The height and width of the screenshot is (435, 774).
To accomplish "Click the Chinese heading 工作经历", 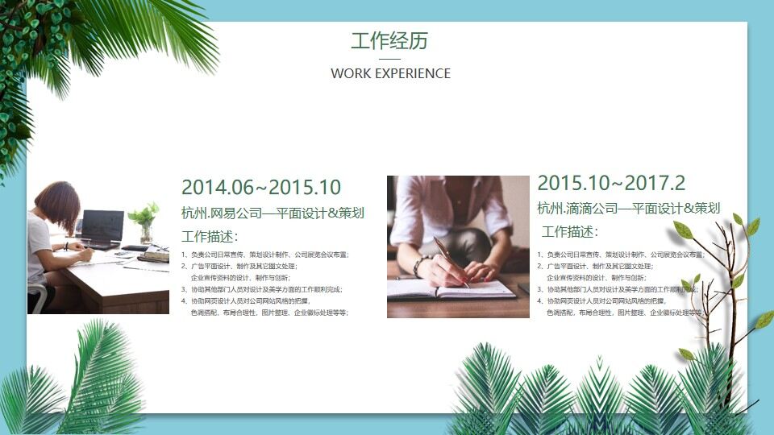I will tap(389, 41).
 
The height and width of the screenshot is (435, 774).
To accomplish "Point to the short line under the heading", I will tap(389, 59).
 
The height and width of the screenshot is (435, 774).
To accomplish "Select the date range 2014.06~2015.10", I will tap(261, 188).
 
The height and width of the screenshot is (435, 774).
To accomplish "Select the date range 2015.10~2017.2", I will tap(611, 183).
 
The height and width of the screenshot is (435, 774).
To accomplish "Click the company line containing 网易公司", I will tap(273, 213).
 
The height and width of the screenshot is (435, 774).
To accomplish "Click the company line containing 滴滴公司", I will tap(628, 208).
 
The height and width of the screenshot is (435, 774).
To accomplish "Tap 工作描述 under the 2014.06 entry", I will tap(210, 237).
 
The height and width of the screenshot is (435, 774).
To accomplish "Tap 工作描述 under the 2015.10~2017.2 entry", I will tap(569, 232).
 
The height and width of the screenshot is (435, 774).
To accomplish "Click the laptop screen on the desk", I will tap(102, 226).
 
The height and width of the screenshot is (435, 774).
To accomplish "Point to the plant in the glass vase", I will tap(145, 220).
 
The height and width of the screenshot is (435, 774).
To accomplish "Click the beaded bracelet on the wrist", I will tap(419, 266).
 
